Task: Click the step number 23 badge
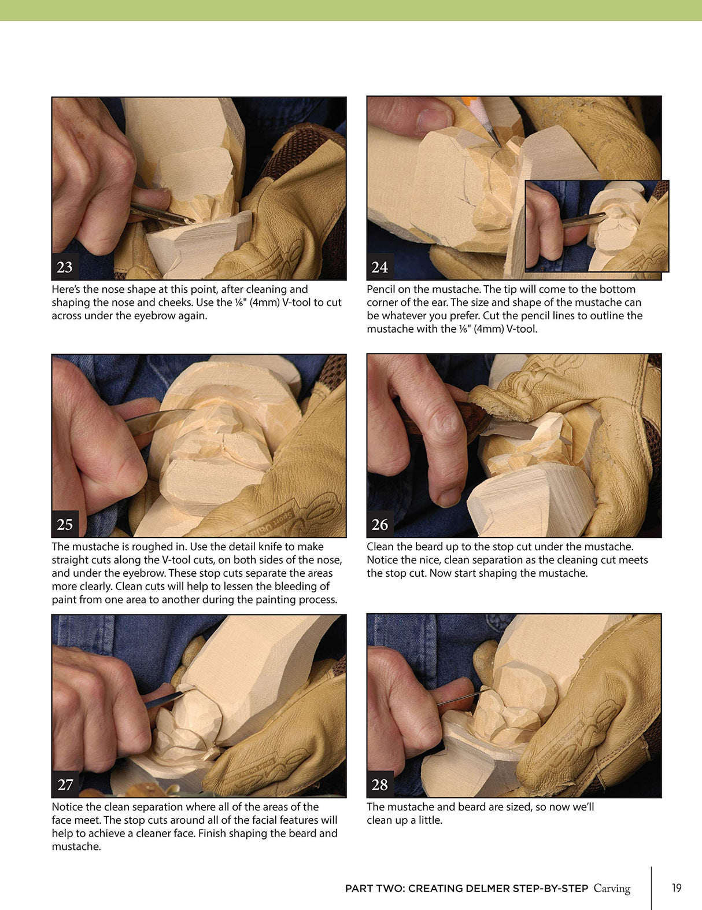point(65,267)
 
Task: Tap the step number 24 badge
point(380,267)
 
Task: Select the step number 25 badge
point(65,524)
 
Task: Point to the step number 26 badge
point(380,524)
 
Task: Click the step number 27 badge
point(65,784)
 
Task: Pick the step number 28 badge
point(380,784)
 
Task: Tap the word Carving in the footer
point(612,889)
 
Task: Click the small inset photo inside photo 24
point(597,226)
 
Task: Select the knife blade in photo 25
point(159,419)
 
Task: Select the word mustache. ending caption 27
point(76,846)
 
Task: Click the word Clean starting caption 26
point(380,547)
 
